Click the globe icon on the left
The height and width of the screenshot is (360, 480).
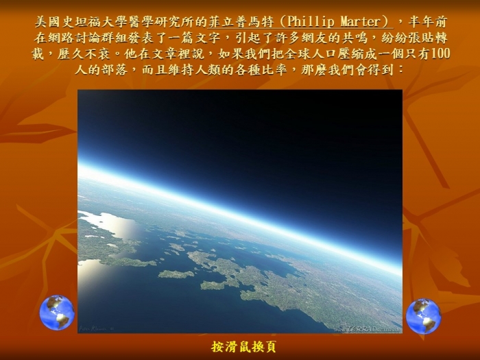57,312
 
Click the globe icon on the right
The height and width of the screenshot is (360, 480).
424,316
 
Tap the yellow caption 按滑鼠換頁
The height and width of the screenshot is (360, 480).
243,347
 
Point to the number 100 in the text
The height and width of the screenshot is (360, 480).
440,54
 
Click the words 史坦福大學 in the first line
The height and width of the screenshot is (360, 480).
95,22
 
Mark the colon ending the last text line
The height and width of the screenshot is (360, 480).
400,70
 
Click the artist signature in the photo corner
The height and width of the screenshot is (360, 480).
96,328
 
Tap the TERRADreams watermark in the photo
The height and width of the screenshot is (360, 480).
367,329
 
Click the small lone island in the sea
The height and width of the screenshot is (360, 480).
176,274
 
